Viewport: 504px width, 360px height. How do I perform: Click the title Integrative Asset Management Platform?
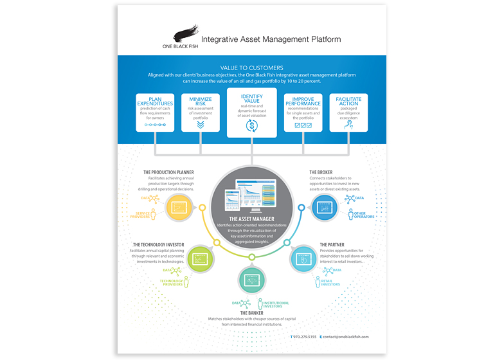[x=271, y=40]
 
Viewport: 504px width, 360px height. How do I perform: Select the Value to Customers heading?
[x=251, y=67]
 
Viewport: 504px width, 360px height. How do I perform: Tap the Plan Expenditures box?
[x=155, y=113]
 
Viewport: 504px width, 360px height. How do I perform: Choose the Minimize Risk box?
[x=201, y=113]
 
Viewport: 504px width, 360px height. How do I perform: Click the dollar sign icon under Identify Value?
[x=251, y=125]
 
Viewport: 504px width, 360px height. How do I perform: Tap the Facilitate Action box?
[x=348, y=113]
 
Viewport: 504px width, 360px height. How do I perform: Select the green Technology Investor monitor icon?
[x=201, y=259]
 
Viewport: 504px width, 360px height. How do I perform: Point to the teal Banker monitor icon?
[x=251, y=280]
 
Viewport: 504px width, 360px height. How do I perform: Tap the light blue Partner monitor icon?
[x=301, y=259]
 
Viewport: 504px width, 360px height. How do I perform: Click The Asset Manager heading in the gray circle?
[x=251, y=219]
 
